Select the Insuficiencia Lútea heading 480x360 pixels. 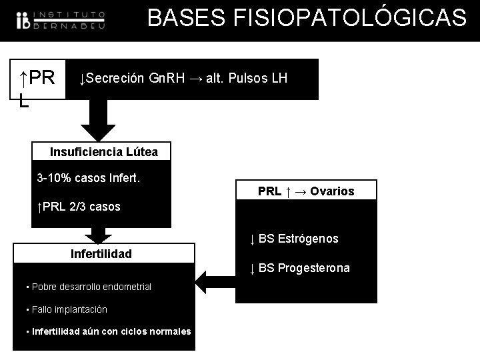tap(104, 152)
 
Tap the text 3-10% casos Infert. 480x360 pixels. tap(92, 178)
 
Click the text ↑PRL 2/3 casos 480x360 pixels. tap(79, 207)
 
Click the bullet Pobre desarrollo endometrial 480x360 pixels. tap(88, 287)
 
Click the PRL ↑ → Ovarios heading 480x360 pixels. tap(306, 191)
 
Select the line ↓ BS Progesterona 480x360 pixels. tap(299, 269)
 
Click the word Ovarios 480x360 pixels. tap(333, 191)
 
